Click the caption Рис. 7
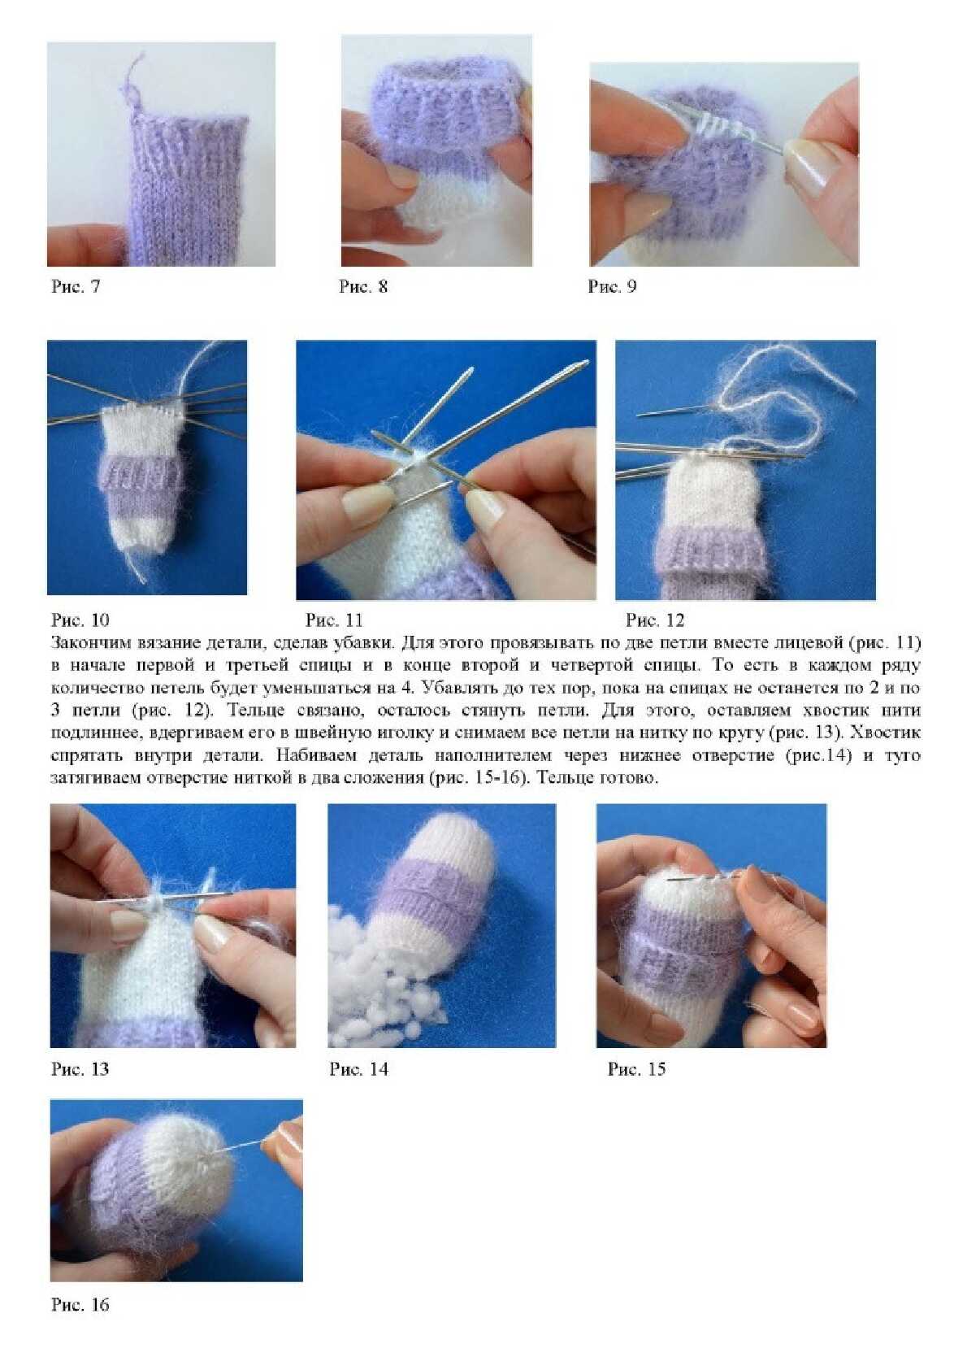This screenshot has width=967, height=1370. click(x=76, y=287)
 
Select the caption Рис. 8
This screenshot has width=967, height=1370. click(x=363, y=287)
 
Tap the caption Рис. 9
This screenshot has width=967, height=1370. click(x=612, y=287)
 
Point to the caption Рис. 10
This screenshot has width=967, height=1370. click(x=80, y=620)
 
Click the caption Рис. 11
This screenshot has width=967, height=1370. click(x=334, y=620)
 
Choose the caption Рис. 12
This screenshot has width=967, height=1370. click(x=655, y=620)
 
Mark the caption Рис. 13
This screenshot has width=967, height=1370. click(x=80, y=1085)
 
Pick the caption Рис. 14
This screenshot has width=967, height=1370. click(x=359, y=1085)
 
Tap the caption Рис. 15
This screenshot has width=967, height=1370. click(x=636, y=1085)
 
